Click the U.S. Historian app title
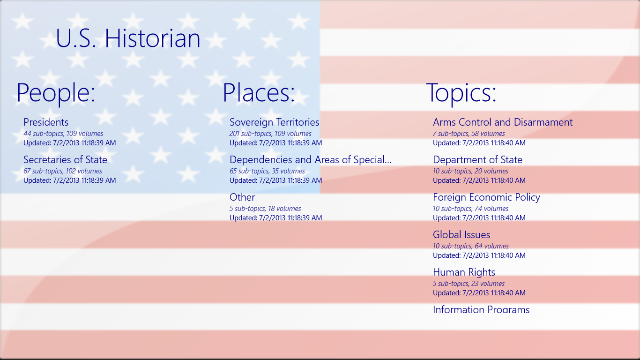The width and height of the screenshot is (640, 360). tap(128, 38)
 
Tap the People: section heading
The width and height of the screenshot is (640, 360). tap(56, 93)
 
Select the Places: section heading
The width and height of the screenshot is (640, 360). tap(259, 92)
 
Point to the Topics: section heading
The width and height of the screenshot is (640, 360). tap(461, 93)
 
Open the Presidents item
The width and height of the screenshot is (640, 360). tap(46, 122)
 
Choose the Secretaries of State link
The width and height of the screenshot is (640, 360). tap(65, 159)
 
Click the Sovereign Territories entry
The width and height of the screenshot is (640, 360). tap(274, 122)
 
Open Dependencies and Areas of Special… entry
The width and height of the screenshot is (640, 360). tap(310, 160)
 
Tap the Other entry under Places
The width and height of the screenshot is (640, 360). tap(242, 197)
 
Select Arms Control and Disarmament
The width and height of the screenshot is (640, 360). tap(503, 122)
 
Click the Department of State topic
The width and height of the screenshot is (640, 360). tap(477, 160)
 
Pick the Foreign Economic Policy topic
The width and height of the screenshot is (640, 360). tap(487, 197)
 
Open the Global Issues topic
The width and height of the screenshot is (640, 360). tap(461, 234)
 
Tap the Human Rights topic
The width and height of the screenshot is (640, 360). tap(464, 272)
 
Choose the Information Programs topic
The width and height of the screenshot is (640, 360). tap(481, 309)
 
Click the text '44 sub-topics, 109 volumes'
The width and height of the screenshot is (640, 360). tap(63, 134)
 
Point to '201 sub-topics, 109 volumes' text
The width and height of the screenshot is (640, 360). tap(270, 134)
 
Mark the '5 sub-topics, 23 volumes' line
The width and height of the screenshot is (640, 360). tap(469, 284)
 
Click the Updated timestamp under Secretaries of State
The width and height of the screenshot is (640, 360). tap(70, 180)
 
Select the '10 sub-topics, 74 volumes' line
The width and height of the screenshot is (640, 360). tap(470, 209)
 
